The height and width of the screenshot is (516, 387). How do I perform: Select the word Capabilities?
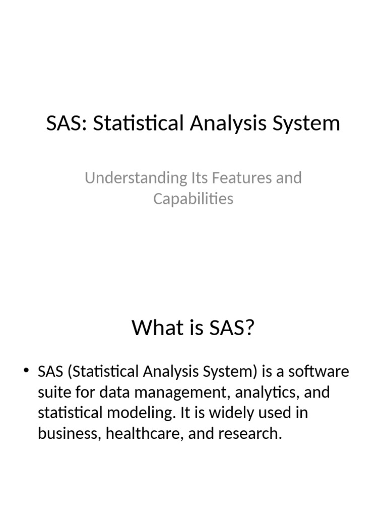point(193,199)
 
